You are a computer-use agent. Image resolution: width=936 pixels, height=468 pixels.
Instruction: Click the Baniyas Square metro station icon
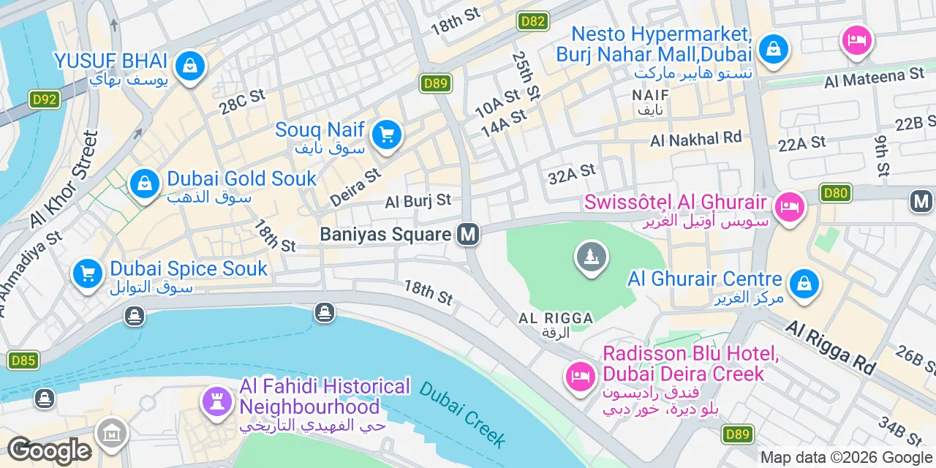pyautogui.click(x=468, y=234)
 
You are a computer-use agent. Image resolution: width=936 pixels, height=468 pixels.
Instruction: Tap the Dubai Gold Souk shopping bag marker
pyautogui.click(x=145, y=184)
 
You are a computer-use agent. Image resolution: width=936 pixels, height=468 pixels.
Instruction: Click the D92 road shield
pyautogui.click(x=45, y=99)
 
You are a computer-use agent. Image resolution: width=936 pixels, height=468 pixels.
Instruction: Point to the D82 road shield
pyautogui.click(x=533, y=20)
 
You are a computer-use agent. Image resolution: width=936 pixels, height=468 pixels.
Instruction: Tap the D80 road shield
pyautogui.click(x=835, y=194)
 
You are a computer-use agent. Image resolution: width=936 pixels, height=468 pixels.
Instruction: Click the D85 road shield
pyautogui.click(x=23, y=360)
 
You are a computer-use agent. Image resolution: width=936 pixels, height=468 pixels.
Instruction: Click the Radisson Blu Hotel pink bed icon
pyautogui.click(x=580, y=377)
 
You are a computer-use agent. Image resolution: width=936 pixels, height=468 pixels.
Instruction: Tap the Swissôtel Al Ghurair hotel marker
pyautogui.click(x=789, y=206)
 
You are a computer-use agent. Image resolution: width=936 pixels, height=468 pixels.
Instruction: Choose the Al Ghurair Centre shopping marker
pyautogui.click(x=804, y=283)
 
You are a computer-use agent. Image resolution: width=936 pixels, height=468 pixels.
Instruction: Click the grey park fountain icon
pyautogui.click(x=592, y=257)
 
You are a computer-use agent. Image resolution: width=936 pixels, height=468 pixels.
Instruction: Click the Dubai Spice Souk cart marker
pyautogui.click(x=88, y=275)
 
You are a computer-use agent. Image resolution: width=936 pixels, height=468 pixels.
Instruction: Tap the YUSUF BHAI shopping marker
pyautogui.click(x=190, y=66)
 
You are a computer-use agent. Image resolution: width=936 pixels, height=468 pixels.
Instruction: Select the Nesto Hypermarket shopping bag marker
pyautogui.click(x=771, y=49)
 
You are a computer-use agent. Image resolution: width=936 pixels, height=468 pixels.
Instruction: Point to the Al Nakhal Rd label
pyautogui.click(x=695, y=138)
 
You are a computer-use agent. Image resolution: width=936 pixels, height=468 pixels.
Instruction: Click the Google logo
pyautogui.click(x=49, y=451)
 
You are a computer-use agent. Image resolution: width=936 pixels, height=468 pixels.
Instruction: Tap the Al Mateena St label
pyautogui.click(x=874, y=77)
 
